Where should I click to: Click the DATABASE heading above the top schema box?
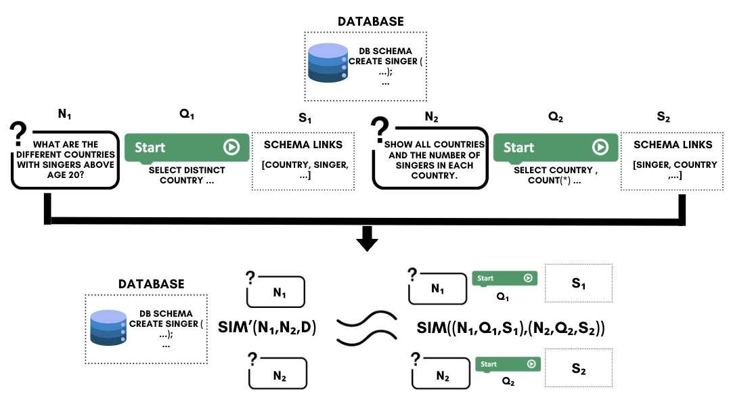tap(370, 21)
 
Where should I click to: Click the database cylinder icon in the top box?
tap(328, 62)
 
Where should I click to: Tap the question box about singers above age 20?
tap(65, 158)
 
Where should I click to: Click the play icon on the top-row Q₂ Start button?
tap(600, 147)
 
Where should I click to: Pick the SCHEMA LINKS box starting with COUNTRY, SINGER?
tap(303, 160)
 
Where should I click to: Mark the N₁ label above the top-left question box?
tap(65, 116)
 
